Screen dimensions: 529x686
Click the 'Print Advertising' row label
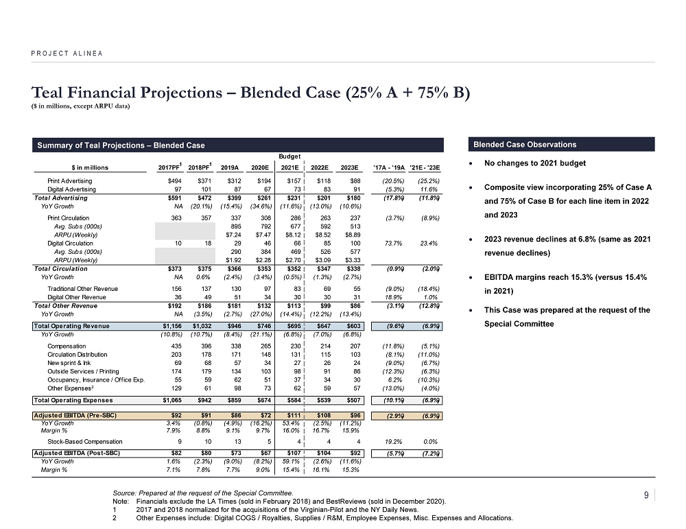point(69,180)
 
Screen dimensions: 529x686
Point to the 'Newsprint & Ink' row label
point(67,362)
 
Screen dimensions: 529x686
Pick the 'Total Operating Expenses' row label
point(73,399)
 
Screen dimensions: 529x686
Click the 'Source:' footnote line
point(204,493)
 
